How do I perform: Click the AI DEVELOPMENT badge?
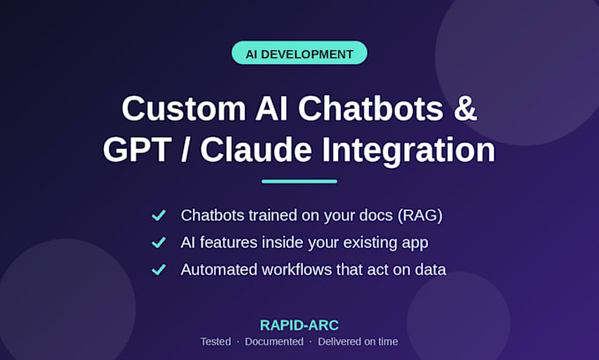(x=299, y=53)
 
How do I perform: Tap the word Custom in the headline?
(x=184, y=109)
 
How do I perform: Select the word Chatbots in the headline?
(x=371, y=109)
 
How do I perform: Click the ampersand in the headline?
(x=465, y=109)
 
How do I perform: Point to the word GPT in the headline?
(x=137, y=150)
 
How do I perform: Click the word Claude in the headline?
(x=256, y=150)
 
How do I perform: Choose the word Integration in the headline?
(x=409, y=151)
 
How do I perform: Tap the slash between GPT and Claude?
(x=186, y=150)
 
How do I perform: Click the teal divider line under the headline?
(x=299, y=181)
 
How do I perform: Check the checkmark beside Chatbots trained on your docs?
(x=159, y=216)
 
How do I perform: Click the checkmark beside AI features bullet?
(x=159, y=242)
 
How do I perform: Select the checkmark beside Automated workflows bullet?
(x=159, y=269)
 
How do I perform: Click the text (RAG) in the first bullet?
(x=420, y=216)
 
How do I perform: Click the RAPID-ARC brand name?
(x=299, y=326)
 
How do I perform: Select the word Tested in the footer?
(x=216, y=342)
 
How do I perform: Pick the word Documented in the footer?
(x=274, y=342)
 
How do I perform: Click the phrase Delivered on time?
(x=358, y=342)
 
